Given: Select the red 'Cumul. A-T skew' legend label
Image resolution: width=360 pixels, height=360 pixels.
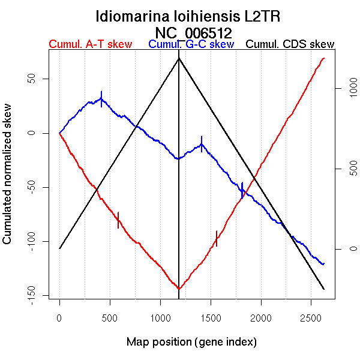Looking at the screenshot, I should [90, 44].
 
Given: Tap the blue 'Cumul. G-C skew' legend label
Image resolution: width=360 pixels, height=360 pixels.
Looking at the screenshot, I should [191, 44].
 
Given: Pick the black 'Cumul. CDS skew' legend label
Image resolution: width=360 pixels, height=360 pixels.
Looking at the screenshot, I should [290, 44].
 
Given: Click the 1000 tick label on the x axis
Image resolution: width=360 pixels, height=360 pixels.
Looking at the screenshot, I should [160, 316].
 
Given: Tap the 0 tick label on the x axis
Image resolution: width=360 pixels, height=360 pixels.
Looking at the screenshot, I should [59, 316].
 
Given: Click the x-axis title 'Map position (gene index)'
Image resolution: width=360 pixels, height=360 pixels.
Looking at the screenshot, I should [191, 342].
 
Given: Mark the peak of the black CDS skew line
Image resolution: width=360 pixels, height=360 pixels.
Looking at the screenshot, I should [179, 58].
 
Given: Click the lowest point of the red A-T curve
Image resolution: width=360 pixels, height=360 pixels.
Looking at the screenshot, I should [179, 289].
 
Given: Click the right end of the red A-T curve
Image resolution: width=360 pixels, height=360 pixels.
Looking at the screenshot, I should [324, 58].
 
